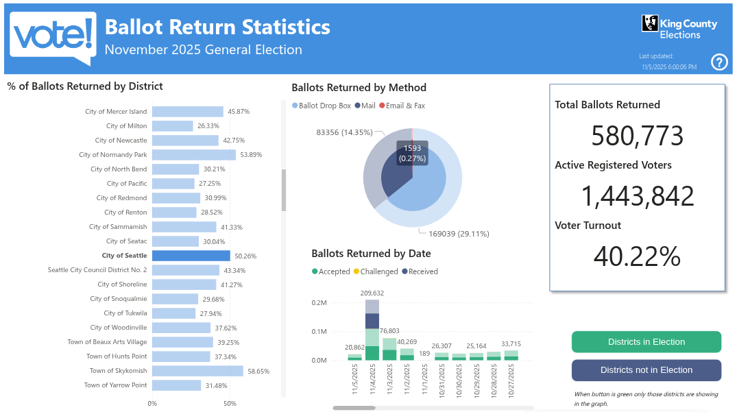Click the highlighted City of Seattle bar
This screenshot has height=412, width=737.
(191, 256)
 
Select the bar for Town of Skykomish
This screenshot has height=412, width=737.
(197, 371)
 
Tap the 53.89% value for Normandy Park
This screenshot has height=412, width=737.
(251, 155)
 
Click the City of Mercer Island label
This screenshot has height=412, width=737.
(116, 112)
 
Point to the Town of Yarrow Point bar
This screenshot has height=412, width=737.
(176, 385)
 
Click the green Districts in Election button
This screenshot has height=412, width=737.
(646, 342)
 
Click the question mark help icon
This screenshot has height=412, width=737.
(719, 62)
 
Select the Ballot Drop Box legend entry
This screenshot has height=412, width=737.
(322, 106)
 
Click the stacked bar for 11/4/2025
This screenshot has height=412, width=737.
(372, 330)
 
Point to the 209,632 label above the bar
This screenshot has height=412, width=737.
(372, 293)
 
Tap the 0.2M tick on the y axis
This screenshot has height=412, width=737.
(319, 302)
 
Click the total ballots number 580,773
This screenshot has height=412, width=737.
(637, 136)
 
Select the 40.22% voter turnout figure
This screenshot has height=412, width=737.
(637, 256)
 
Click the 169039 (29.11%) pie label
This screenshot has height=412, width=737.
(459, 234)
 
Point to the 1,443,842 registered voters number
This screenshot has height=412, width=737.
(637, 197)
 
